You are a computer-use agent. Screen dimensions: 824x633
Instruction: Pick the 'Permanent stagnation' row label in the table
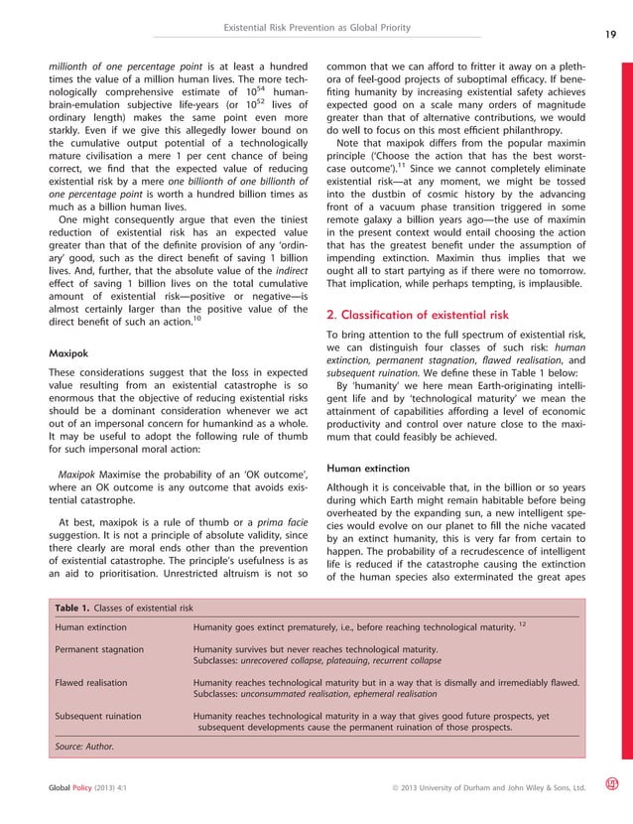99,649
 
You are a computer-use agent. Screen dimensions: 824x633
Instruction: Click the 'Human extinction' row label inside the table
90,626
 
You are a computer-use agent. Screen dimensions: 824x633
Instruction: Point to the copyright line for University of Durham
489,788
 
